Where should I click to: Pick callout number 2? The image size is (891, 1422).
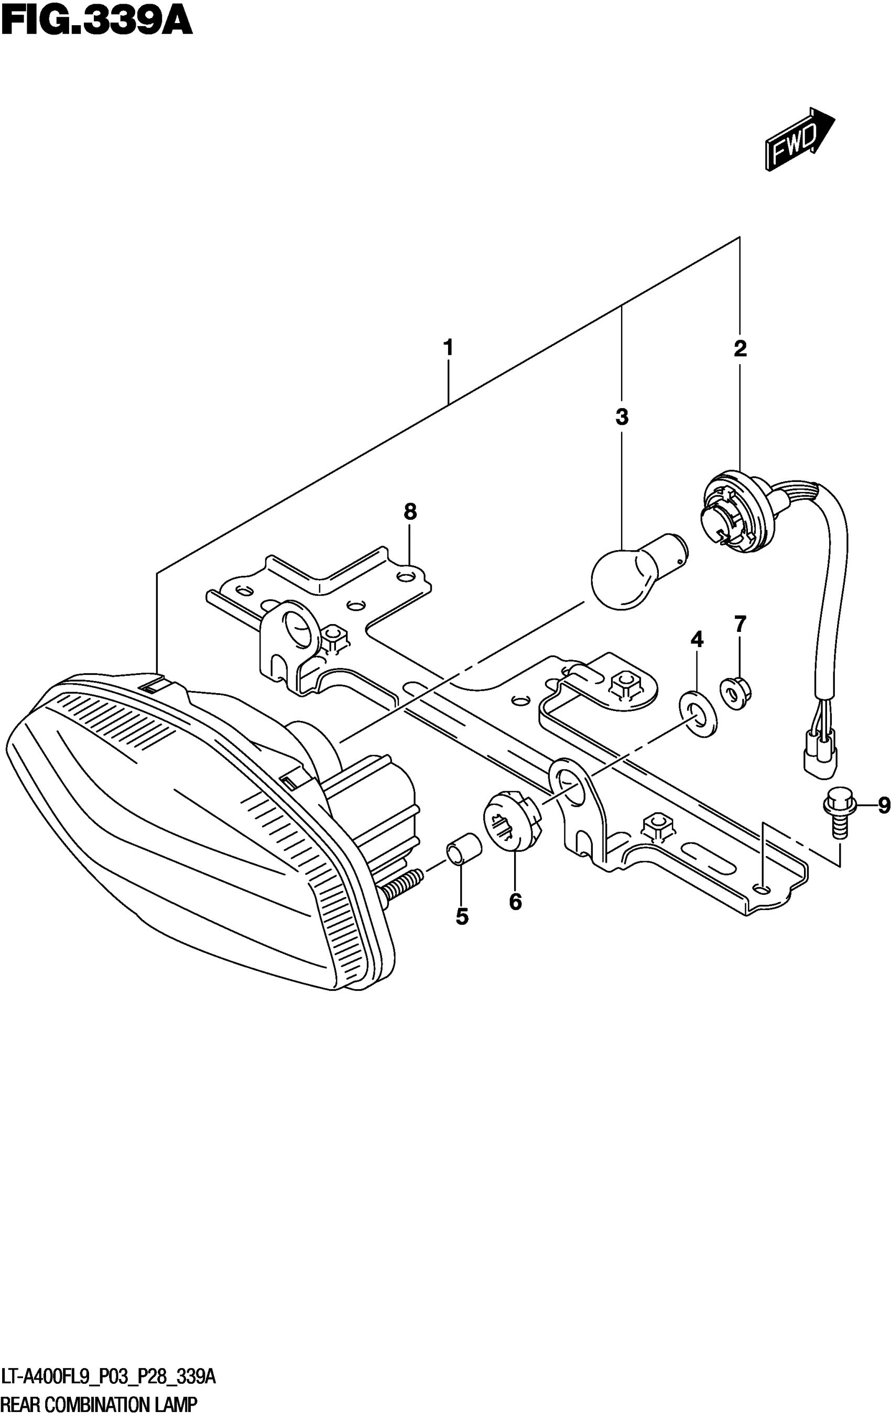click(740, 349)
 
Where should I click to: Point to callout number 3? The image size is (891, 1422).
click(622, 417)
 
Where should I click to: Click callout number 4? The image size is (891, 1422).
click(697, 639)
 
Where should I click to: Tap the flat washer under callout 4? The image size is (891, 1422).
click(698, 715)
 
